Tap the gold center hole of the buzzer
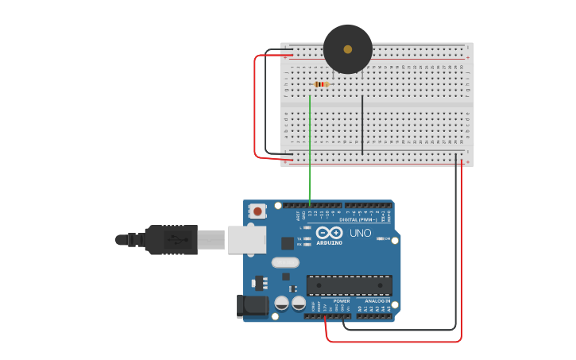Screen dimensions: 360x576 (x=348, y=49)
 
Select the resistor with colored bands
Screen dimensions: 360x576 (x=321, y=83)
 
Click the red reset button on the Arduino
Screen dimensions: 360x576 (x=257, y=211)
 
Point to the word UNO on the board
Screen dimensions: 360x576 (x=361, y=234)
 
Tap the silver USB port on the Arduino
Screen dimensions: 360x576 (x=246, y=239)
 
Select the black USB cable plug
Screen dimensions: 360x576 (x=171, y=239)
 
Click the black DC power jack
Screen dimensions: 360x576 (x=251, y=307)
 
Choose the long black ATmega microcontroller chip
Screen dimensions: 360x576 (x=349, y=285)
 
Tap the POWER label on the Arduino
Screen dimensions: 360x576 (x=342, y=301)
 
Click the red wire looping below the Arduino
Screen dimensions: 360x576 (x=397, y=342)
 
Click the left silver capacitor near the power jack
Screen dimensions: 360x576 (x=281, y=304)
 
